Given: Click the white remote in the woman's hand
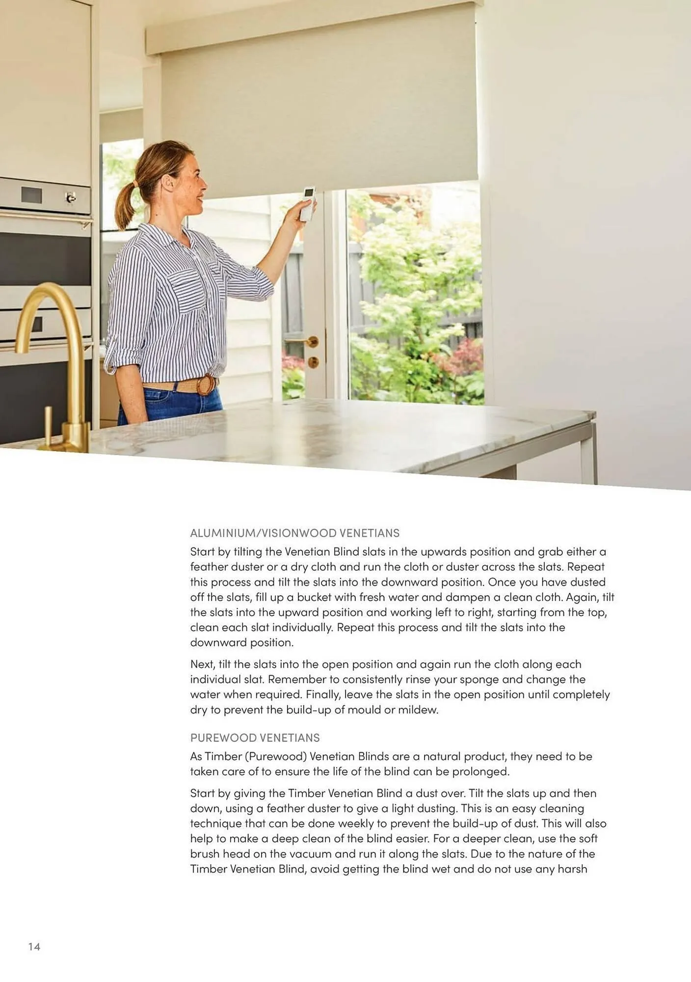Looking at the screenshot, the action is (x=308, y=204).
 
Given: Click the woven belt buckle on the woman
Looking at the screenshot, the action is (x=206, y=385).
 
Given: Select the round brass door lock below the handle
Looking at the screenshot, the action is (x=313, y=363).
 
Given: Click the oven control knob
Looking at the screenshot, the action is (x=71, y=198).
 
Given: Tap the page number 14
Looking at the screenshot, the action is (x=34, y=947).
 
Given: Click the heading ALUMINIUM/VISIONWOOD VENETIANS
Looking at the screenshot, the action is (x=294, y=533).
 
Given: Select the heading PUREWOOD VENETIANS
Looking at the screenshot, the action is (x=255, y=737).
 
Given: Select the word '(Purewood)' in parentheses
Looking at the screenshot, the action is (x=275, y=756).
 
